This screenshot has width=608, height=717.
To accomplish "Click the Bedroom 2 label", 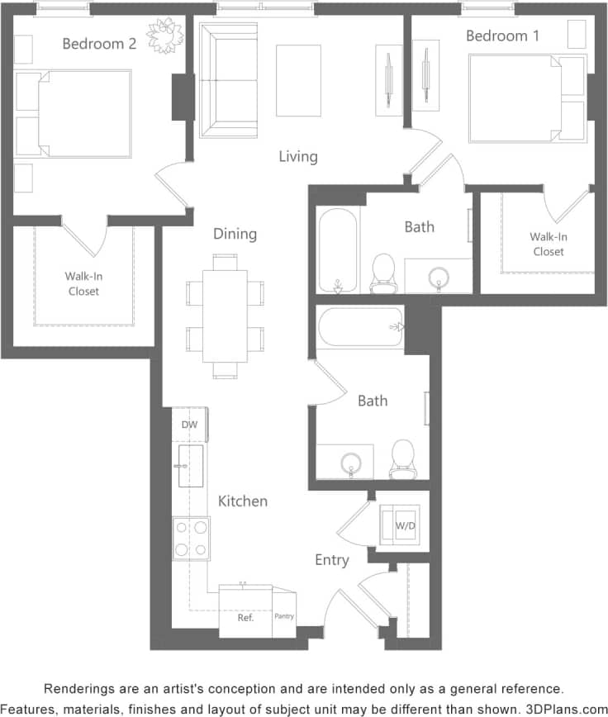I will click(99, 43).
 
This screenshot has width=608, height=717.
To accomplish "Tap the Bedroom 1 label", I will click(496, 36).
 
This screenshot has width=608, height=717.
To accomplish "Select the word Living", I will click(297, 156).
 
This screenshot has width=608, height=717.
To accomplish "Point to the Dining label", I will click(235, 234).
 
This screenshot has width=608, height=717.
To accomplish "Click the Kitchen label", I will click(243, 501).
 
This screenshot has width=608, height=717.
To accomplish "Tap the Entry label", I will click(331, 560).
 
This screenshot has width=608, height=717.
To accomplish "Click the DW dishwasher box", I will click(189, 425).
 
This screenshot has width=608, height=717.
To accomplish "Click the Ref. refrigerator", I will click(245, 616).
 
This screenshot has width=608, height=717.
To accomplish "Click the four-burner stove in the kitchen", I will click(191, 538).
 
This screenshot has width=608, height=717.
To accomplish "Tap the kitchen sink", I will click(190, 466).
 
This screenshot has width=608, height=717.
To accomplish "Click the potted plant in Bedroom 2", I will click(165, 35).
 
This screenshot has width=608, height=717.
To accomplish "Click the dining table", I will click(225, 316).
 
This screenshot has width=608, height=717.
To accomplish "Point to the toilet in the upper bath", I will click(382, 273).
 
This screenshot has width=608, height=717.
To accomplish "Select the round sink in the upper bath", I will click(438, 276).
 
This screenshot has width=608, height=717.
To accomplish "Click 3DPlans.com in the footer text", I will click(566, 709).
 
